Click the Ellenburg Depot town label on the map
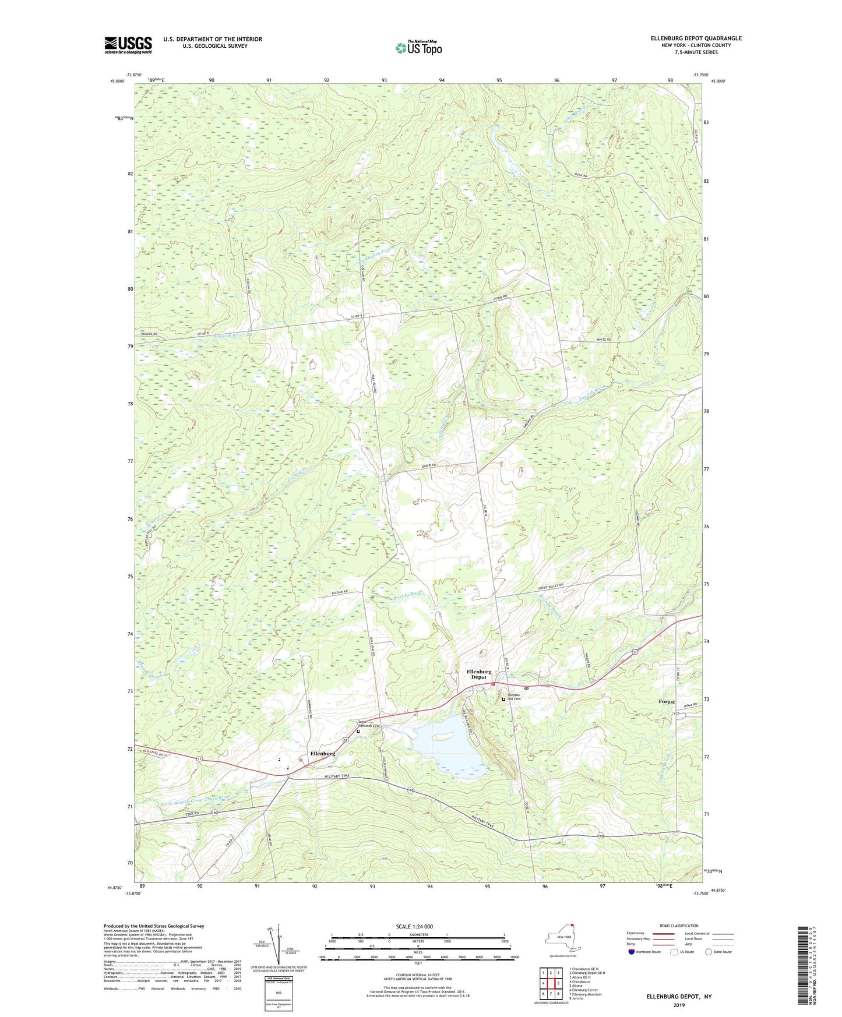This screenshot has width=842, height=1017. [x=478, y=675]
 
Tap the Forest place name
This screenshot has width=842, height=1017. [x=667, y=702]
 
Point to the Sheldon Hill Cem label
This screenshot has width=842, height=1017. [x=513, y=697]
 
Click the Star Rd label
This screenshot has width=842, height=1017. [x=193, y=814]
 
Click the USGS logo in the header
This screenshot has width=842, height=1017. [x=128, y=45]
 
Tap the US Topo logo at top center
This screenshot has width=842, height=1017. [x=418, y=48]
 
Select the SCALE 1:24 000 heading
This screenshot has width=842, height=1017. [x=414, y=926]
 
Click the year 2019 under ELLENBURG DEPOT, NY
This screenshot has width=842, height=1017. [x=679, y=1005]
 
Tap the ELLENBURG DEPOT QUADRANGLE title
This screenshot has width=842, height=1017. [x=696, y=38]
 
